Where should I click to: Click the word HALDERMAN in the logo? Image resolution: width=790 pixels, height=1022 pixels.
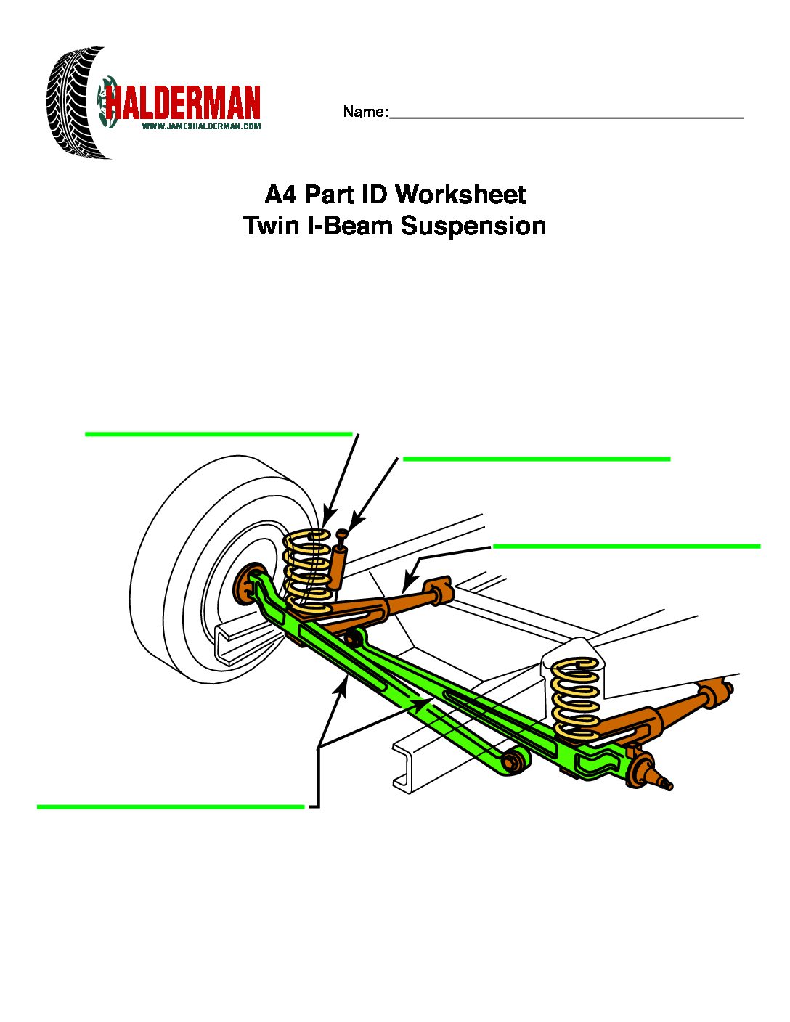(x=183, y=103)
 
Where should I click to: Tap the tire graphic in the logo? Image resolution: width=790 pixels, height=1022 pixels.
(x=73, y=103)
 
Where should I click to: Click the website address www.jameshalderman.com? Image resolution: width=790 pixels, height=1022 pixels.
(x=201, y=126)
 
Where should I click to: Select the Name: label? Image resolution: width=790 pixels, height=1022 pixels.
(x=365, y=112)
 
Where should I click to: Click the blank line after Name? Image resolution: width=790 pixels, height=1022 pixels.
(x=566, y=116)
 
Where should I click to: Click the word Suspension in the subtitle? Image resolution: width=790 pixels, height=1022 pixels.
(x=473, y=226)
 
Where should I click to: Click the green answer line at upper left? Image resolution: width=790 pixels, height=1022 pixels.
(x=218, y=434)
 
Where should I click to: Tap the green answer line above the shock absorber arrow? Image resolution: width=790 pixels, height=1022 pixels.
(x=536, y=459)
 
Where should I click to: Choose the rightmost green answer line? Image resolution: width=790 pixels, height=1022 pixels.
(x=626, y=546)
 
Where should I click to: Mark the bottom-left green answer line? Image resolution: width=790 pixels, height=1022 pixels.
(x=170, y=806)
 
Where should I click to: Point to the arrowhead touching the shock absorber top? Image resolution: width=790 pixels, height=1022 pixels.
(x=354, y=523)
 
